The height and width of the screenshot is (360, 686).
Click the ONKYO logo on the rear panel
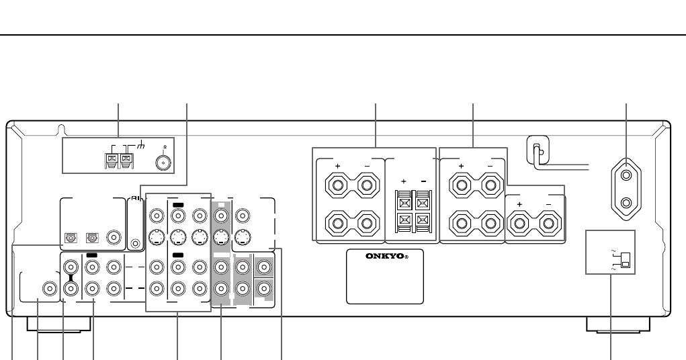click(x=384, y=256)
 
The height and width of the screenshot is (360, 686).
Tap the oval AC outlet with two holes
click(x=626, y=189)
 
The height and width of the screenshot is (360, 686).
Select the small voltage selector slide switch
click(x=625, y=259)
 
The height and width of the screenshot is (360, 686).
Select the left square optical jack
click(x=69, y=237)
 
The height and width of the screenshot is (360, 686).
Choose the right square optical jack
click(x=91, y=237)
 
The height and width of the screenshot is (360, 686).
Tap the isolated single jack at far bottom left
click(x=49, y=289)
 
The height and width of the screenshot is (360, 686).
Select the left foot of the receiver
click(x=58, y=325)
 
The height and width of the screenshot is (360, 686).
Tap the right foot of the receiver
click(x=617, y=325)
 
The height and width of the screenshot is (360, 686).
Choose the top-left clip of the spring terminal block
click(x=405, y=199)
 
